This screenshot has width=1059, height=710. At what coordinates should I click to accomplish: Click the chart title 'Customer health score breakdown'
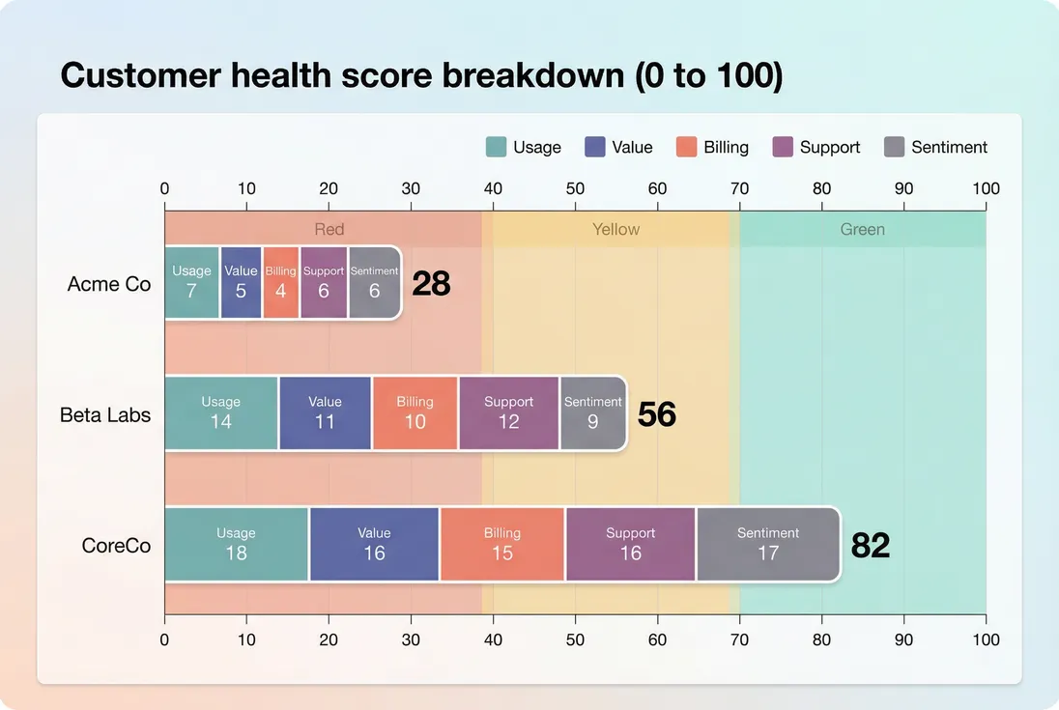pos(421,75)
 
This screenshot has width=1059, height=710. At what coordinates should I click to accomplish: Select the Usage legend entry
pos(523,147)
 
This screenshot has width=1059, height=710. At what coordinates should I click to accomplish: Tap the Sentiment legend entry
pos(935,147)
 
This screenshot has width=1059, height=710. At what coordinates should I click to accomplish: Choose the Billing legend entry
pos(712,147)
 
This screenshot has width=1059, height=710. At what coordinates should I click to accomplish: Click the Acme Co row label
pos(109,284)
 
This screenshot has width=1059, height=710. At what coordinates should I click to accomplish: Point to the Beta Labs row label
pos(105,414)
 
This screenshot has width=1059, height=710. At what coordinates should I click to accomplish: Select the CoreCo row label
pos(116,545)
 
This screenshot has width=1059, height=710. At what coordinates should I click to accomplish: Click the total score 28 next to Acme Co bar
pos(431,284)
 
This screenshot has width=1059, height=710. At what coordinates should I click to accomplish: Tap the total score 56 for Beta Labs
pos(657,414)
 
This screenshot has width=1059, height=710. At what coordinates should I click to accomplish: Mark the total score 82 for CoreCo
pos(870,546)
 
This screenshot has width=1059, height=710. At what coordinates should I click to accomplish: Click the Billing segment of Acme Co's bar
pos(280,282)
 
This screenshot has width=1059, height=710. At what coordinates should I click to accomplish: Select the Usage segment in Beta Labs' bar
pos(221,412)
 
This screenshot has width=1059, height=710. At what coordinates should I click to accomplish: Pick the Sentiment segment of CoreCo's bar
pos(768,544)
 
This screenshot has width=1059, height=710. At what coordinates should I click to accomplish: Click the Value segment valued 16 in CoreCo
pos(374,544)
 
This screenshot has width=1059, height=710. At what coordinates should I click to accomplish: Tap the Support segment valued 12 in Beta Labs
pos(508,412)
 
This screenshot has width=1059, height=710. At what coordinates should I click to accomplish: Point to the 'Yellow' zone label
pos(615,229)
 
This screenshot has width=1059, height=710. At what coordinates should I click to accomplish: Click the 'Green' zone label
pos(862,229)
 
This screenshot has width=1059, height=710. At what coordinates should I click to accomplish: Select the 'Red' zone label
pos(329,229)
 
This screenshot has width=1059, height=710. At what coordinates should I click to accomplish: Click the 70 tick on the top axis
pos(739,188)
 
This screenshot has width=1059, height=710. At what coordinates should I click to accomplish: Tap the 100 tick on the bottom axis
pos(986,639)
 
